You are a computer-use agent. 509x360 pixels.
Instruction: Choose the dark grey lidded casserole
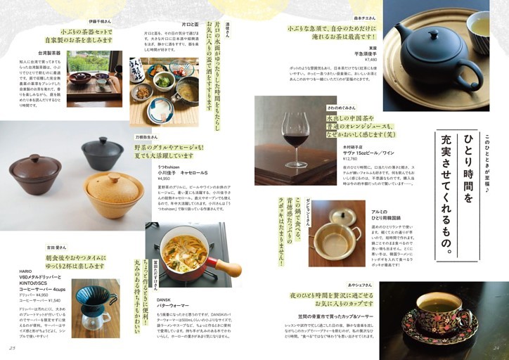(x=103, y=153)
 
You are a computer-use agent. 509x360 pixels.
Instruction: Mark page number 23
(x=12, y=347)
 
